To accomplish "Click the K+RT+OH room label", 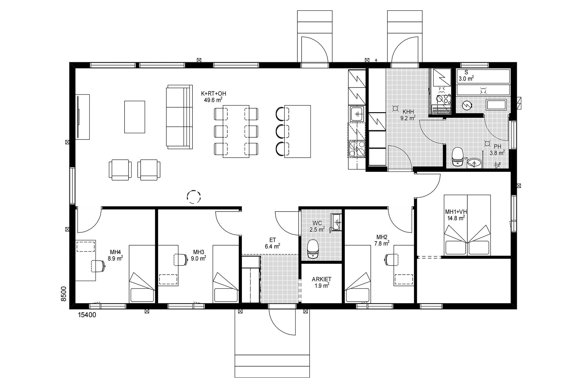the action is [x=213, y=94].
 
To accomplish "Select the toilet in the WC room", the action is [x=313, y=248].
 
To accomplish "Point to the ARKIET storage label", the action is [x=322, y=279].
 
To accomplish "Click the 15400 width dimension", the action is [x=87, y=315].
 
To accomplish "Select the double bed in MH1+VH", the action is [x=467, y=225].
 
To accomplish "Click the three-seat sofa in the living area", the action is [x=179, y=117].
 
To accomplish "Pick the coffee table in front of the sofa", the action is [x=135, y=117].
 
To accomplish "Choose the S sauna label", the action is [x=466, y=72].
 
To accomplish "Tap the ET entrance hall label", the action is [x=273, y=240].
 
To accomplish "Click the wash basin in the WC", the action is [x=336, y=222].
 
